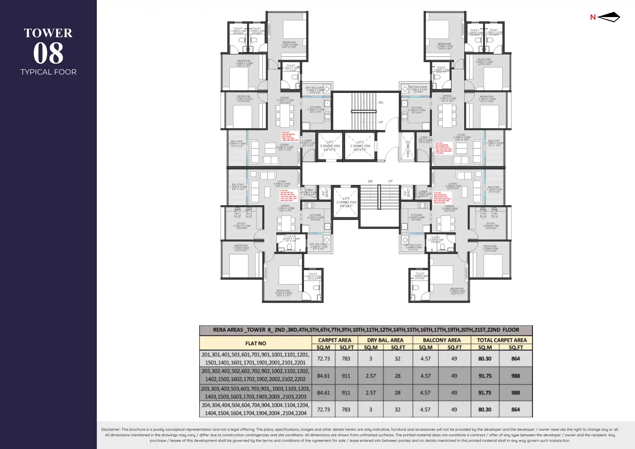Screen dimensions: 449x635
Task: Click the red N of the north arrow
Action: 593,17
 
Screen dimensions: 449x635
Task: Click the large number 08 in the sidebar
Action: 48,53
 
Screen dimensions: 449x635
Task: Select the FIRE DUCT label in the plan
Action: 408,148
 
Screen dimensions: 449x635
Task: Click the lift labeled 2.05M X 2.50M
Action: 346,202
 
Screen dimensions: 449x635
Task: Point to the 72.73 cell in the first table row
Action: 323,359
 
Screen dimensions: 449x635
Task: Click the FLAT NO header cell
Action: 255,343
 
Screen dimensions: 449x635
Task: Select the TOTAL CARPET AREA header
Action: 502,340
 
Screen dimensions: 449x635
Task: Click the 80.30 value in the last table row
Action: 485,410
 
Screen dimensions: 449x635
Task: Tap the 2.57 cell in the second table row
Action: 370,376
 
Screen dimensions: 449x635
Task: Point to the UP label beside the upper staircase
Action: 381,122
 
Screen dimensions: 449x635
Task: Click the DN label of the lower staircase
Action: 370,181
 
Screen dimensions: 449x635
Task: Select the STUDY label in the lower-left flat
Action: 241,224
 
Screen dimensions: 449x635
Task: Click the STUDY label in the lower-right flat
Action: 491,224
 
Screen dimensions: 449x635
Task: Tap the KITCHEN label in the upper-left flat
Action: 315,107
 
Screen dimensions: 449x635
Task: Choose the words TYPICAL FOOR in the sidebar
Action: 48,72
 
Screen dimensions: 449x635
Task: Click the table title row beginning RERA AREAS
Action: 366,330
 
